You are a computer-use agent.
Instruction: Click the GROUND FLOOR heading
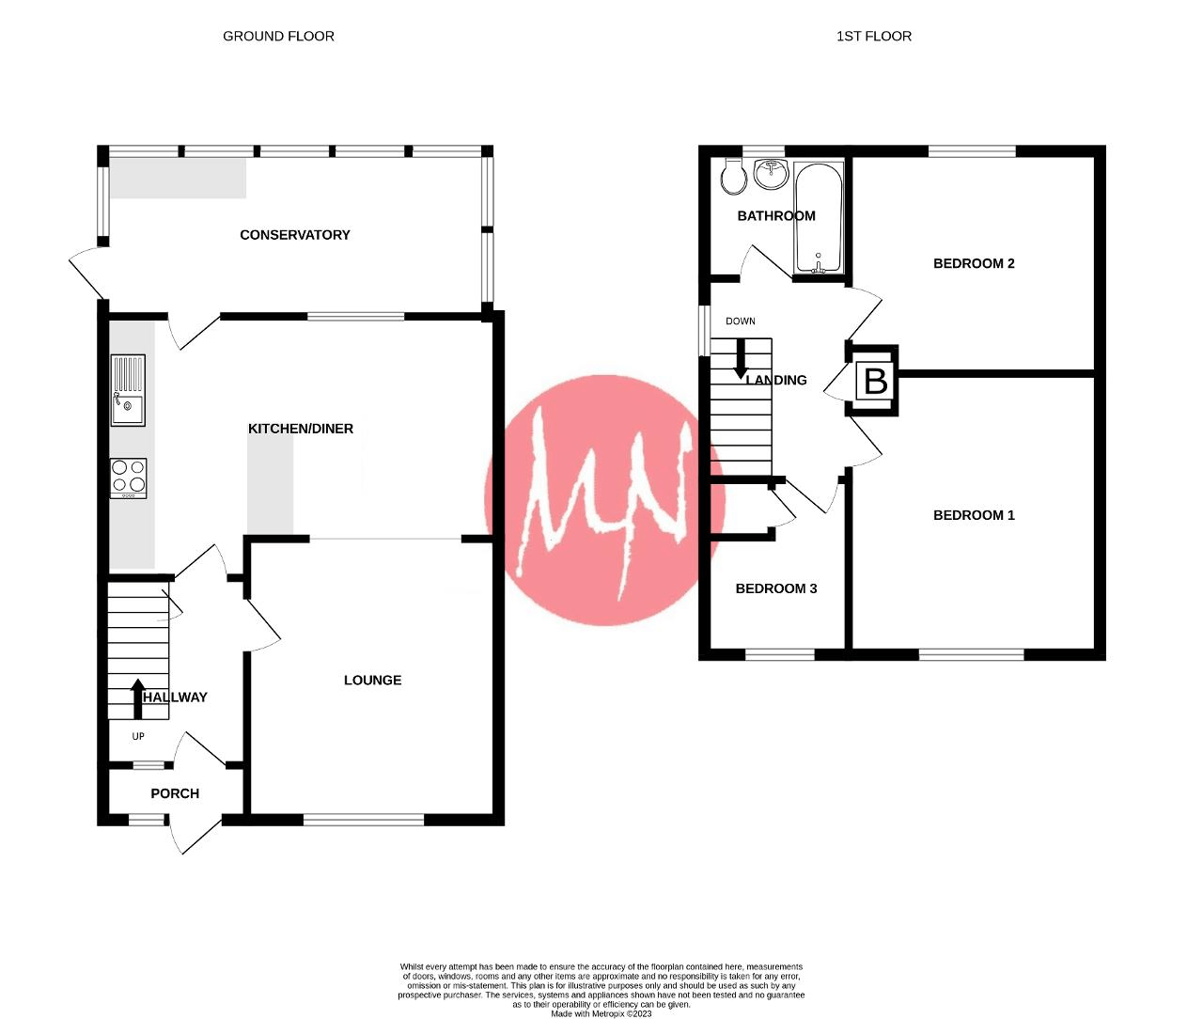point(278,36)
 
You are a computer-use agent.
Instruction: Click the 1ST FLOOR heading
point(873,36)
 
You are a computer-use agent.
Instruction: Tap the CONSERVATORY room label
point(294,235)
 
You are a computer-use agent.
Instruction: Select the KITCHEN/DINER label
point(301,429)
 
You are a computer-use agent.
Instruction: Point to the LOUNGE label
point(372,680)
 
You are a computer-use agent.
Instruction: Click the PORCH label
point(175,793)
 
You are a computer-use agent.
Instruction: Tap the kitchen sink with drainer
point(128,390)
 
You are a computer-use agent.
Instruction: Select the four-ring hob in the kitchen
point(128,478)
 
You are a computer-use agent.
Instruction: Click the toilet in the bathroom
point(733,176)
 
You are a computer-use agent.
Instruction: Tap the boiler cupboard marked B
point(875,381)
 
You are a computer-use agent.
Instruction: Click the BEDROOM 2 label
point(974,263)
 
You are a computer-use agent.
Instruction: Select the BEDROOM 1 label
point(974,515)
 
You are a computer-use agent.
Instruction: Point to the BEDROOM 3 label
point(775,588)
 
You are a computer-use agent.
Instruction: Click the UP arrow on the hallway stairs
point(137,698)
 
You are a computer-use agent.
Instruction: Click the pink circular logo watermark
point(604,500)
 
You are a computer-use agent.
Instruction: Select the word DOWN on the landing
point(740,321)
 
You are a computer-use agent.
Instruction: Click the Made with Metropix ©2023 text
point(601,1013)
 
